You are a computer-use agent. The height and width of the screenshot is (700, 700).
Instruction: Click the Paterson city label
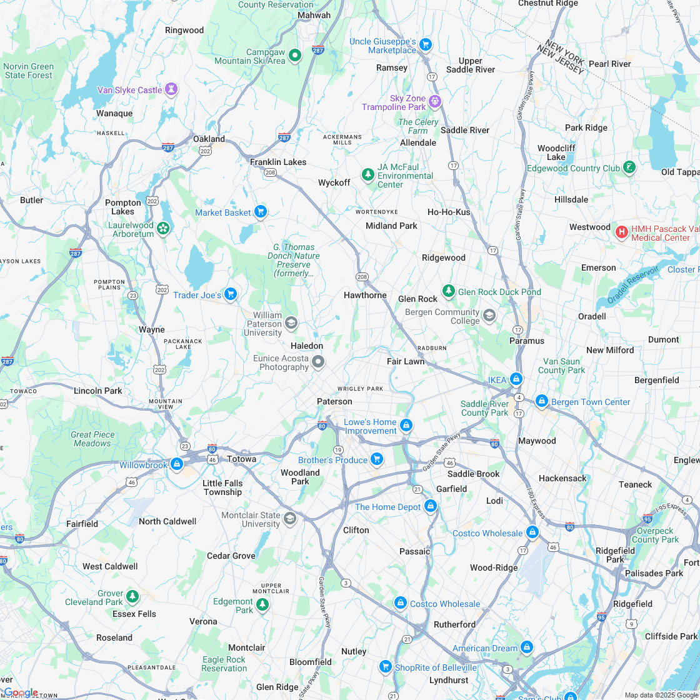coord(334,401)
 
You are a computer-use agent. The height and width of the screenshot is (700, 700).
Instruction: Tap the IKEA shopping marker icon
coord(516,379)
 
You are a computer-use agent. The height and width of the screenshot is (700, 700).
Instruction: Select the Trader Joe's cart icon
coord(231,294)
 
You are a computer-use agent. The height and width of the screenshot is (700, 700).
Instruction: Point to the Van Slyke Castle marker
coord(171,90)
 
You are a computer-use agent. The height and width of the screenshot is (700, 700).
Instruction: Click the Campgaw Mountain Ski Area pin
coord(295,56)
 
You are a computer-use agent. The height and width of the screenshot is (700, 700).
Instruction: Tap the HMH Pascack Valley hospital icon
coord(621,232)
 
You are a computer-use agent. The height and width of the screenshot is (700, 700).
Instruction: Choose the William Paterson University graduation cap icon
coord(291,323)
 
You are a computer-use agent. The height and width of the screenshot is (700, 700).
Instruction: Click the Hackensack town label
coord(562,478)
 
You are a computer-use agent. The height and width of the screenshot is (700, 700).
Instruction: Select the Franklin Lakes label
coord(278,162)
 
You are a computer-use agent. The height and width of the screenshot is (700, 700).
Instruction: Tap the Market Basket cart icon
coord(260,212)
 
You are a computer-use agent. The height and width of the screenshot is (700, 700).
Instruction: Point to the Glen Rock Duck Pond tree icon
coord(448,291)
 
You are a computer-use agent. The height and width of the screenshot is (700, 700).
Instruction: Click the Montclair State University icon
coord(289,519)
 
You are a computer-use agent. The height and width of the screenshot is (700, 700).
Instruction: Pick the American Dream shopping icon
coord(526,647)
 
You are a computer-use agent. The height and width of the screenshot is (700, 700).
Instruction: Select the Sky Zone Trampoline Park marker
coord(435,101)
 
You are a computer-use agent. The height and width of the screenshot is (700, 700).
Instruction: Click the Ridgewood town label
coord(443,257)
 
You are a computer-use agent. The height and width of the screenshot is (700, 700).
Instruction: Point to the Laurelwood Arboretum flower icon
coord(163,229)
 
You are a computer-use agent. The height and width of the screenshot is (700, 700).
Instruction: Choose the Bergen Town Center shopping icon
coord(541,401)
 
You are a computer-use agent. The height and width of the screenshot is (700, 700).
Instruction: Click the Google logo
coord(20,692)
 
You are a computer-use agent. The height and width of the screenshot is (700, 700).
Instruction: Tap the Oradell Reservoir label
coord(632,284)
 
